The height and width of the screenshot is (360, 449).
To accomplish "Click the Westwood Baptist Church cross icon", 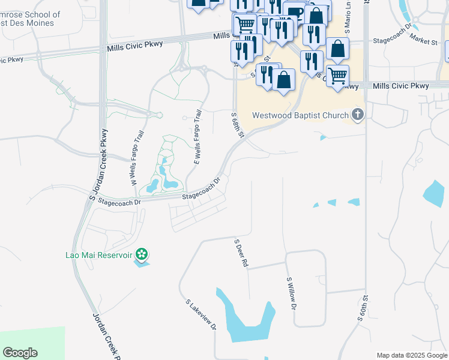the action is (x=358, y=115).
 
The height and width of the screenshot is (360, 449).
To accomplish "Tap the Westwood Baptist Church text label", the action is (x=300, y=115).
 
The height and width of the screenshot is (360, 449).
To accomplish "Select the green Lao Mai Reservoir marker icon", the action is (x=142, y=254).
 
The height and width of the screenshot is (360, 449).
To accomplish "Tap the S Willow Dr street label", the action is (x=292, y=293).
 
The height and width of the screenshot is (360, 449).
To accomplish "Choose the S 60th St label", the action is (x=362, y=307).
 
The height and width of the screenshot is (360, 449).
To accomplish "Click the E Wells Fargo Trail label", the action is (x=196, y=137).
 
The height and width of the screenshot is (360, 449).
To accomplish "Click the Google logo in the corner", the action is (x=20, y=353).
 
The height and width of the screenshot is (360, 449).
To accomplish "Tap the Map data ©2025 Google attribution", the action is (x=412, y=355).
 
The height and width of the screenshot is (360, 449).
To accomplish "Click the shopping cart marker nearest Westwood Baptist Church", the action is (x=338, y=76).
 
